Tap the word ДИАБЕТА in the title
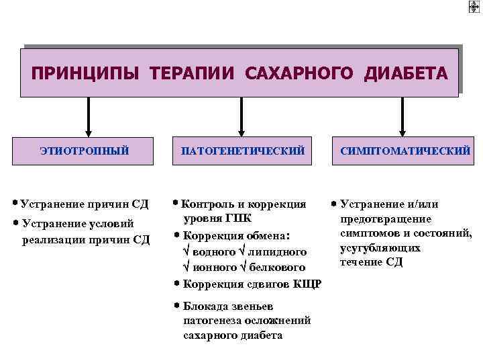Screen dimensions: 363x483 coord(406,72)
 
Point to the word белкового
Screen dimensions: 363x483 coord(279,267)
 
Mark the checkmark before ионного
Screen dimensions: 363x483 coord(186,267)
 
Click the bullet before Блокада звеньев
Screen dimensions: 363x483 coord(176,306)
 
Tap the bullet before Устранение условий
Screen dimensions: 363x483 coord(15,223)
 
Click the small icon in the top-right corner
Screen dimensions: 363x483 coord(474,7)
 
